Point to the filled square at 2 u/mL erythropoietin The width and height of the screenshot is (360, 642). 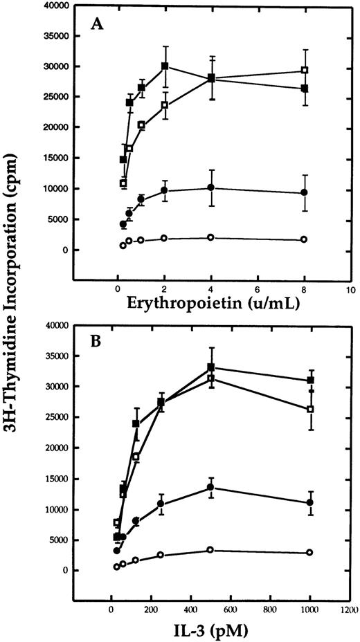[x=165, y=66]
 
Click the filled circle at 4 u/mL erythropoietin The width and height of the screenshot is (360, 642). [x=210, y=187]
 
